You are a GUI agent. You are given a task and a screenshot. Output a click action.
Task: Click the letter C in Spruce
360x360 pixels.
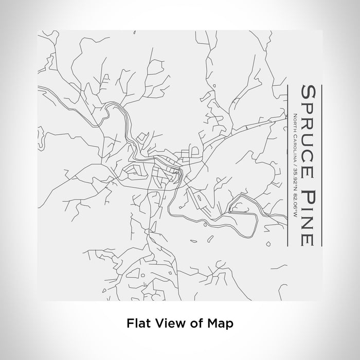[308, 149]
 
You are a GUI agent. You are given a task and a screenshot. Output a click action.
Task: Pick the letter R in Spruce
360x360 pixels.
[308, 121]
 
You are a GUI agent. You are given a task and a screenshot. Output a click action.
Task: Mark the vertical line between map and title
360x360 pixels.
[286, 165]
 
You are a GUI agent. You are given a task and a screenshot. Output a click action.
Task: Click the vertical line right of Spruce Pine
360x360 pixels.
[321, 165]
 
